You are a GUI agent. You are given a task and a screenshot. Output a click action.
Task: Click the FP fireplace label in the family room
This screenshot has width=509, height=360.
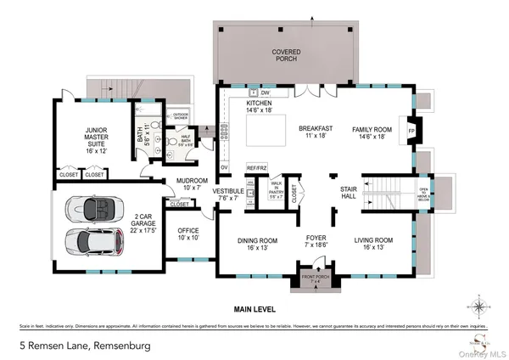(411, 132)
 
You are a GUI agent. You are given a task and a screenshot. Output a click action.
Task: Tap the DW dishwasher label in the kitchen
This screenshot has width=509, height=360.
(266, 92)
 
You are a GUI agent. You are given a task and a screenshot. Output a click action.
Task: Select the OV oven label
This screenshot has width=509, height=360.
(225, 168)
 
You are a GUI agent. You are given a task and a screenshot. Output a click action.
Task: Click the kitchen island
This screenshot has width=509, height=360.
(265, 132)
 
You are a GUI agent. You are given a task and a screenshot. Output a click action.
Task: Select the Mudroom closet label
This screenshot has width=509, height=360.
(179, 204)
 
